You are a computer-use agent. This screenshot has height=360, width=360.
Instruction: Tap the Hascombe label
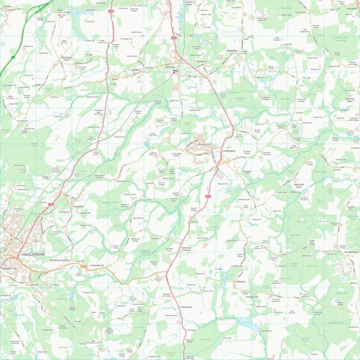[x=347, y=9]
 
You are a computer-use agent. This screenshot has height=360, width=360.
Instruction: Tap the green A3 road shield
[x=13, y=57]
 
